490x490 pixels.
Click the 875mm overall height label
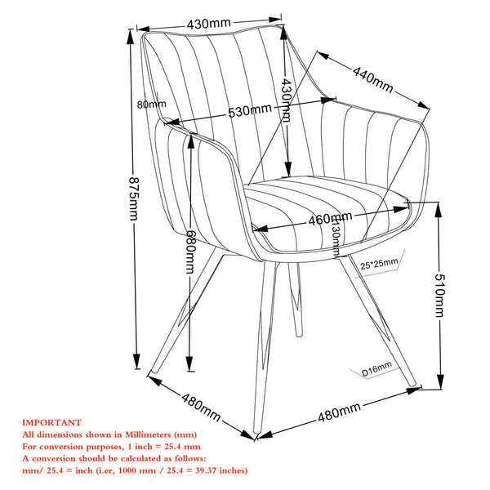point(134,198)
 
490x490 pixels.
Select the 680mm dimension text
point(190,252)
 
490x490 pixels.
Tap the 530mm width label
point(250,110)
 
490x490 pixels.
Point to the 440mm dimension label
point(372,79)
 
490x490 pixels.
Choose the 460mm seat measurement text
point(330,218)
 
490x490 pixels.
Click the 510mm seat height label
point(439,296)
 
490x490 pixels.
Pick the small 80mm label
point(152,105)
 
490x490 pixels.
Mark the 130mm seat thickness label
point(336,237)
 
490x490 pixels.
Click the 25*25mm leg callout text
point(379,265)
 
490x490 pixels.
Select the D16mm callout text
point(376,369)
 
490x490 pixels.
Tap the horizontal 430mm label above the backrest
point(209,24)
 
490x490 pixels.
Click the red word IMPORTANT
point(51,422)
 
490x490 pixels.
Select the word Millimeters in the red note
point(148,434)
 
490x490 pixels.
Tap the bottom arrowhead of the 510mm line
point(440,382)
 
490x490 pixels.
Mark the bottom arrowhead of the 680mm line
point(189,363)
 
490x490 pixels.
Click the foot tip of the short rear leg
point(299,336)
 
